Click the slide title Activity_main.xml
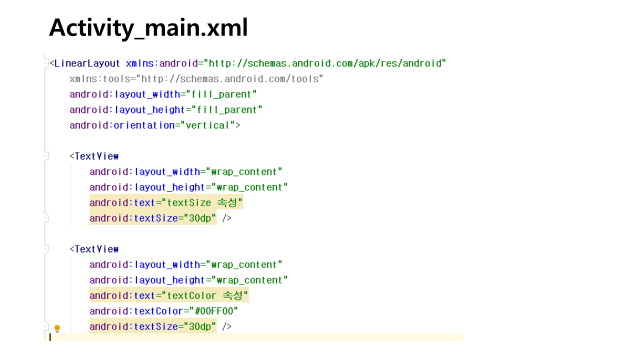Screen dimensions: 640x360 tap(148, 28)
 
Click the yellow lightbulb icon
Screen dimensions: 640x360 tap(57, 328)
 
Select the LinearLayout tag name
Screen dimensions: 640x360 tap(87, 63)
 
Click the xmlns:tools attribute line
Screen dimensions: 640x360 tap(196, 79)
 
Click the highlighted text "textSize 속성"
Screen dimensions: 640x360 tap(202, 203)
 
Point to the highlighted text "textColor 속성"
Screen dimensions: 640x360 tap(205, 295)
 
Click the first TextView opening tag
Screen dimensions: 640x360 tap(94, 156)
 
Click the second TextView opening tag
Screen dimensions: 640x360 tap(94, 249)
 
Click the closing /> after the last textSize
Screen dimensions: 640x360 tap(227, 326)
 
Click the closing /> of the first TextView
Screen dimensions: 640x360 tap(227, 218)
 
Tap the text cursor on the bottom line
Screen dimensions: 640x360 tap(50, 337)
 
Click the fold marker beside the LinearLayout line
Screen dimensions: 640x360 tap(46, 63)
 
